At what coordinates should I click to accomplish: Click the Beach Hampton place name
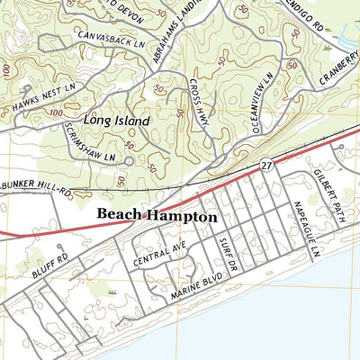pyautogui.click(x=156, y=216)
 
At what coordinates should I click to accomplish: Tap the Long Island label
pyautogui.click(x=114, y=118)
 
